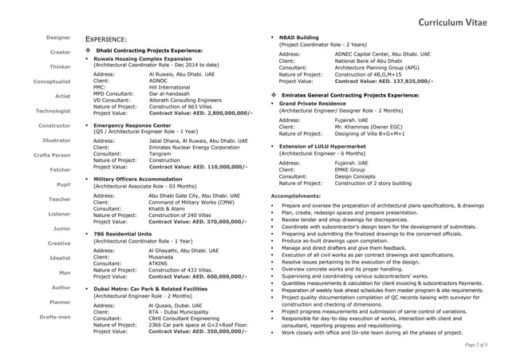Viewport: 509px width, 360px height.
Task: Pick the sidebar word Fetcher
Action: pyautogui.click(x=58, y=170)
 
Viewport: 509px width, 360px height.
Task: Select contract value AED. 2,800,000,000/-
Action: pyautogui.click(x=200, y=113)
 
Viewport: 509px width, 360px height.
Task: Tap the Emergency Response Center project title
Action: pyautogui.click(x=132, y=126)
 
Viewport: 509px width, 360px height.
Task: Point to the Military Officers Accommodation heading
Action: pyautogui.click(x=140, y=180)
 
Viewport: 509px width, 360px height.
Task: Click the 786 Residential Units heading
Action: pyautogui.click(x=122, y=233)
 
